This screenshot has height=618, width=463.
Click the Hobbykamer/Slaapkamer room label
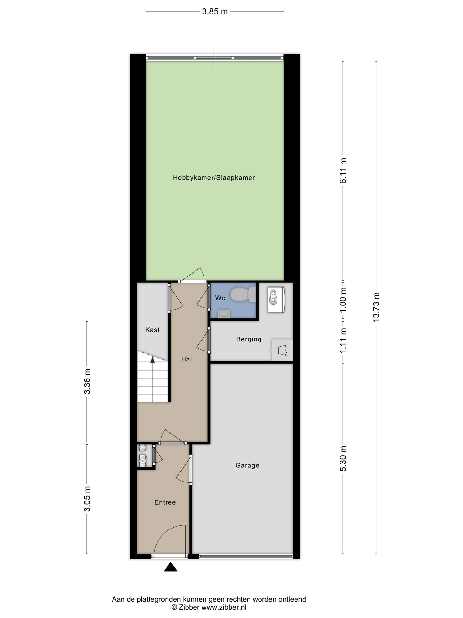click(x=214, y=178)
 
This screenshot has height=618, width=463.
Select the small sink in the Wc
click(x=224, y=313)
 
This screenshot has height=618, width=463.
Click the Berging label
click(x=249, y=339)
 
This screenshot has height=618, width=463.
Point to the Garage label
click(x=247, y=465)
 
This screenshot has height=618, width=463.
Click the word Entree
click(x=165, y=502)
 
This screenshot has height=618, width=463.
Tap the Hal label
click(x=186, y=359)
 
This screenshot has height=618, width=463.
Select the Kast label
click(x=152, y=330)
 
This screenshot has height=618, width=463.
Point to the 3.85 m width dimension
click(x=215, y=12)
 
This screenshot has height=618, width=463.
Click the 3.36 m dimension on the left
click(x=87, y=381)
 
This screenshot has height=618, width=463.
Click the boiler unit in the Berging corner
click(x=276, y=299)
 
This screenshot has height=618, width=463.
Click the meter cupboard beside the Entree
click(x=142, y=456)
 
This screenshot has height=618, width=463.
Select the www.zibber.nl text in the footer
click(x=224, y=607)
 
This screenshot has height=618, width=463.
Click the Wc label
click(x=220, y=298)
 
